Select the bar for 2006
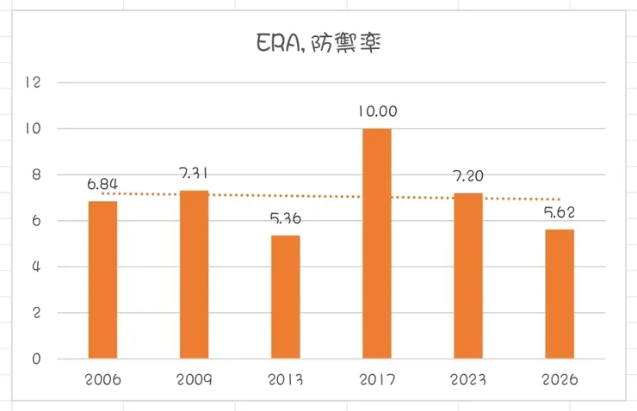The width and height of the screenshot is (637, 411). click(x=102, y=279)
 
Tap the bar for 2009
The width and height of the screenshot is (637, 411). click(x=194, y=274)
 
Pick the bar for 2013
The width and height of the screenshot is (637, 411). click(x=285, y=297)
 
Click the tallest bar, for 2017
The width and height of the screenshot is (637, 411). click(x=376, y=243)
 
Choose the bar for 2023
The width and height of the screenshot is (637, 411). click(x=468, y=275)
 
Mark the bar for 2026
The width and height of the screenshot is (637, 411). click(x=560, y=294)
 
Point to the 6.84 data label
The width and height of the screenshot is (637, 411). click(x=102, y=183)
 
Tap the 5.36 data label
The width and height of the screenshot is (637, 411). click(x=285, y=218)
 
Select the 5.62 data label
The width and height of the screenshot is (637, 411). click(x=560, y=212)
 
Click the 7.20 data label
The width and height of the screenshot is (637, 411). click(x=468, y=175)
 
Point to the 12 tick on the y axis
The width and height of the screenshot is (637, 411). click(x=34, y=83)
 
